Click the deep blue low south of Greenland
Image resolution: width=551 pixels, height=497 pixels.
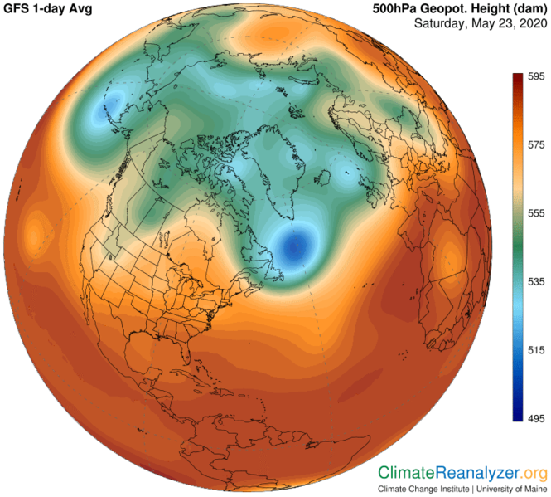pyautogui.click(x=295, y=246)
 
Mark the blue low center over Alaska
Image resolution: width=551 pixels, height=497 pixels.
pyautogui.click(x=104, y=113)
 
